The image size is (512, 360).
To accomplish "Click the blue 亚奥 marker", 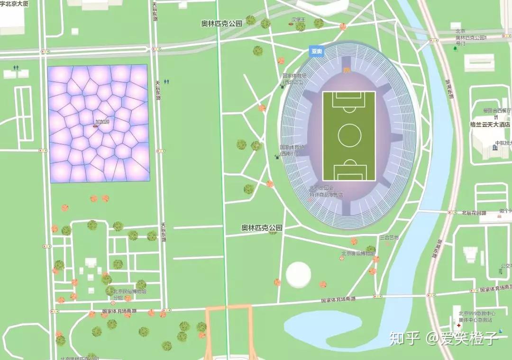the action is pyautogui.click(x=316, y=51).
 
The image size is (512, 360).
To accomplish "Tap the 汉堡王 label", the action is pyautogui.click(x=298, y=19).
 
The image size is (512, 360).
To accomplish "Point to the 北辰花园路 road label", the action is pyautogui.click(x=474, y=213).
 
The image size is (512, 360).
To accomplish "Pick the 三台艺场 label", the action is pyautogui.click(x=389, y=238).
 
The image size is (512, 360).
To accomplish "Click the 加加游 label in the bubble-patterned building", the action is pyautogui.click(x=102, y=122).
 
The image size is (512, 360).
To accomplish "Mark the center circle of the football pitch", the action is pyautogui.click(x=349, y=135).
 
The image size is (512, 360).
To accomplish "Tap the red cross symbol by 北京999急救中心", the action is pyautogui.click(x=458, y=326).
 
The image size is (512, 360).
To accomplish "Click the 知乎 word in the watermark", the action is pyautogui.click(x=404, y=338).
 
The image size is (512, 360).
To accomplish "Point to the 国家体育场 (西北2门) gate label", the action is pyautogui.click(x=294, y=79).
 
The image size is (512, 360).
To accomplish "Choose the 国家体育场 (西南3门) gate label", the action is pyautogui.click(x=292, y=150).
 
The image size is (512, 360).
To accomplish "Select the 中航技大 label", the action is pyautogui.click(x=503, y=143).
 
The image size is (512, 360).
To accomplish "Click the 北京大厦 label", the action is pyautogui.click(x=14, y=4).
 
